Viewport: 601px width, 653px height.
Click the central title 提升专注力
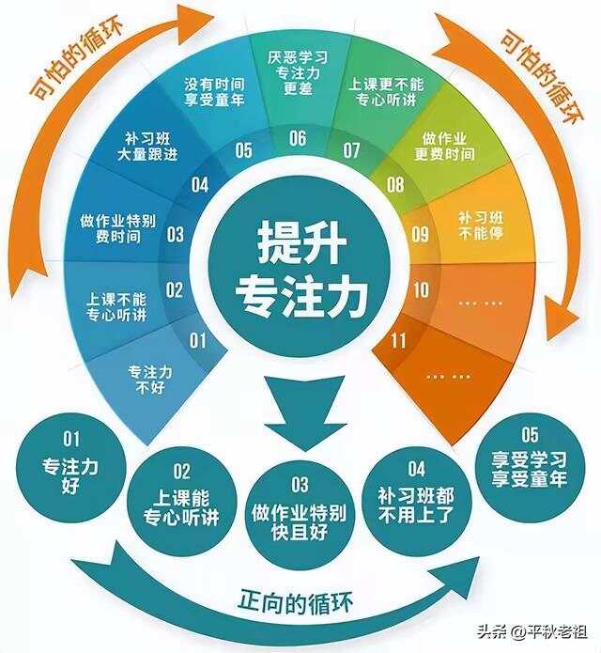coord(301,269)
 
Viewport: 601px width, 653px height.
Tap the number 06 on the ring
coord(298,138)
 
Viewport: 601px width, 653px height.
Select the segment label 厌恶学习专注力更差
coord(298,73)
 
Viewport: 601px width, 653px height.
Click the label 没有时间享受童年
coord(214,92)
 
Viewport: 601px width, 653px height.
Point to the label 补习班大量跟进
coord(147,147)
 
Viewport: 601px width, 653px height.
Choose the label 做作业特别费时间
coord(117,228)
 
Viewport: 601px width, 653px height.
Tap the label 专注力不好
coord(150,380)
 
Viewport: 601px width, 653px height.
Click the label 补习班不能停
coord(481,225)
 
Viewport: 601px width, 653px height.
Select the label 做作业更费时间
coord(444,147)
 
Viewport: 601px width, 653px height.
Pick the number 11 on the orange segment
coord(398,341)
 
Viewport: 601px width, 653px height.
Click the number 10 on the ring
coord(421,289)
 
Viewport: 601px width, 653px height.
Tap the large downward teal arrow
coord(305,412)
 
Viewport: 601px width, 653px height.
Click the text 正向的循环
coord(295,602)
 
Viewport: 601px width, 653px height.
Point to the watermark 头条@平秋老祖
coord(532,631)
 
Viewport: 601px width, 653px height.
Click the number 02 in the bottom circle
coord(182,471)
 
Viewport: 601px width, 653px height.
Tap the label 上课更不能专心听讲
coord(386,92)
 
